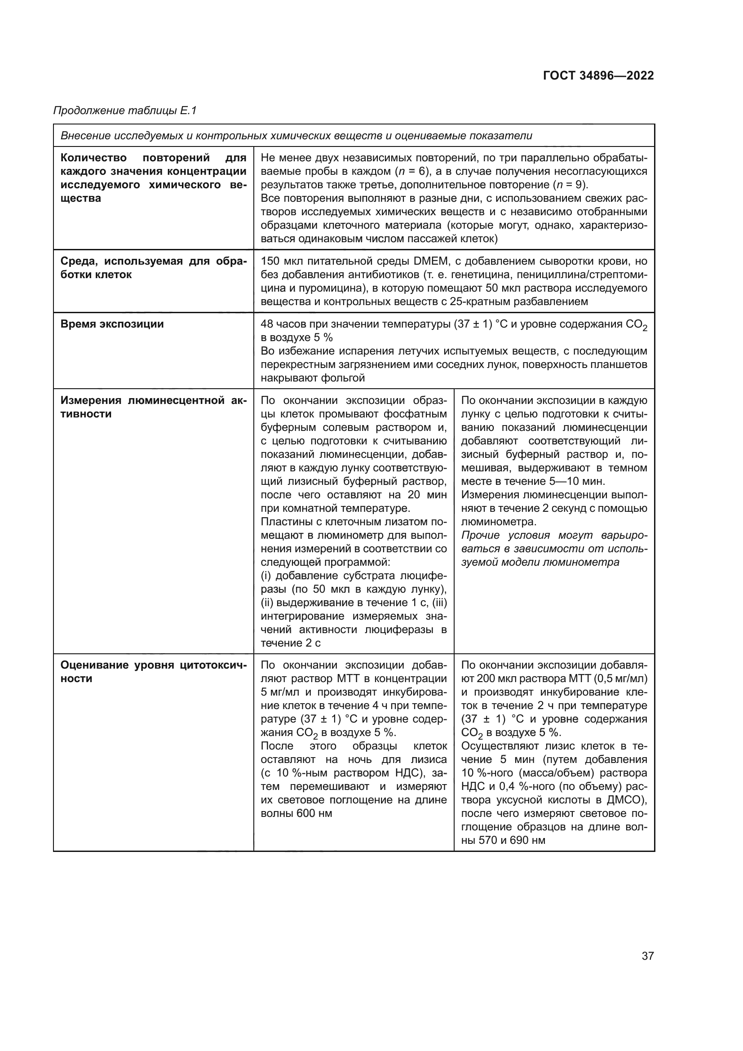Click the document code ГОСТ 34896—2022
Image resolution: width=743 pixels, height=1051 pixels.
[598, 75]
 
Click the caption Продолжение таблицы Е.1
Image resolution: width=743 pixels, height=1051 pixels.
[125, 111]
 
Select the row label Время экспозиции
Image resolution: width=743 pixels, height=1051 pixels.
[112, 324]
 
